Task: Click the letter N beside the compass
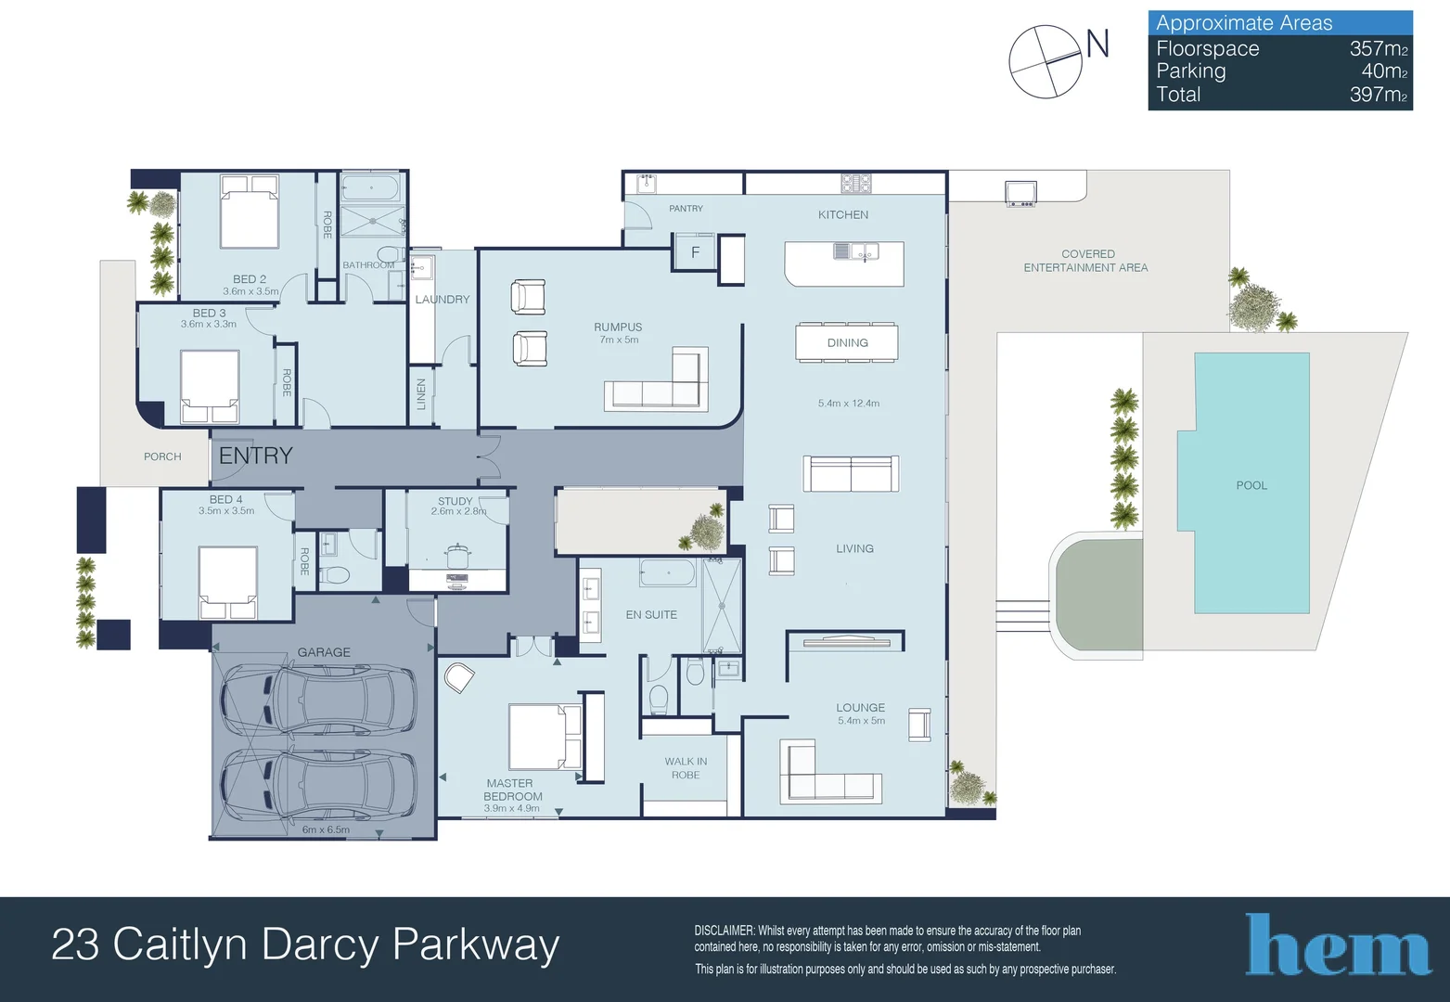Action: tap(1097, 44)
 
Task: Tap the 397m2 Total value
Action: tap(1379, 95)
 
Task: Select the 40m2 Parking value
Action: tap(1385, 71)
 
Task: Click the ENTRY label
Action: tap(256, 456)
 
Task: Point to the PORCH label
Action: tap(162, 456)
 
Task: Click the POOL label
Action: tap(1251, 485)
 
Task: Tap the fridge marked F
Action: tap(695, 251)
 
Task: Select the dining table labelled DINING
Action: tap(847, 342)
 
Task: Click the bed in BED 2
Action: tap(250, 211)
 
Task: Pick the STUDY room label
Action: tap(456, 501)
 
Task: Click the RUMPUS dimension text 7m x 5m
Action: tap(619, 340)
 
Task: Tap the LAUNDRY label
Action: tap(443, 299)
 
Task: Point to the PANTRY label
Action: tap(686, 209)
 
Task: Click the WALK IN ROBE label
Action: tap(686, 767)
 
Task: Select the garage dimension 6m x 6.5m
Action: tap(326, 829)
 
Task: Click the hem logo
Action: tap(1338, 944)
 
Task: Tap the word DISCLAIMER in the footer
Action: tap(725, 931)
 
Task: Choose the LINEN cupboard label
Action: tap(421, 394)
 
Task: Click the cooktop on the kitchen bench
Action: tap(855, 184)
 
